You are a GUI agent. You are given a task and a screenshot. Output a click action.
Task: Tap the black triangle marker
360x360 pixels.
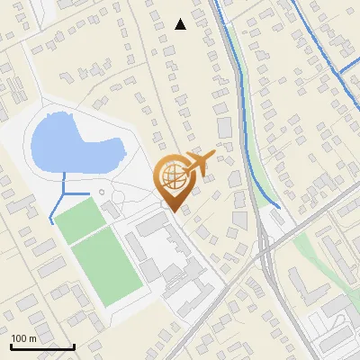[x=180, y=24]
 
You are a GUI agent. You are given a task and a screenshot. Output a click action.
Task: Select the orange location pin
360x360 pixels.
[x=173, y=180]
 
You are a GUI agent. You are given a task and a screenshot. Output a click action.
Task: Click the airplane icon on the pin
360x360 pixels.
[x=200, y=162]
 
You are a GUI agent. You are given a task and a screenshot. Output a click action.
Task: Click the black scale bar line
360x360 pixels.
[x=42, y=346]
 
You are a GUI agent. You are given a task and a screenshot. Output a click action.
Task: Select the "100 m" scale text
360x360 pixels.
[x=24, y=338]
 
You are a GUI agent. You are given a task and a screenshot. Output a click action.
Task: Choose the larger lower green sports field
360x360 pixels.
[x=106, y=266]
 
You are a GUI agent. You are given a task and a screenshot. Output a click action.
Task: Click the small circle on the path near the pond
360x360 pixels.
[x=102, y=193]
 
